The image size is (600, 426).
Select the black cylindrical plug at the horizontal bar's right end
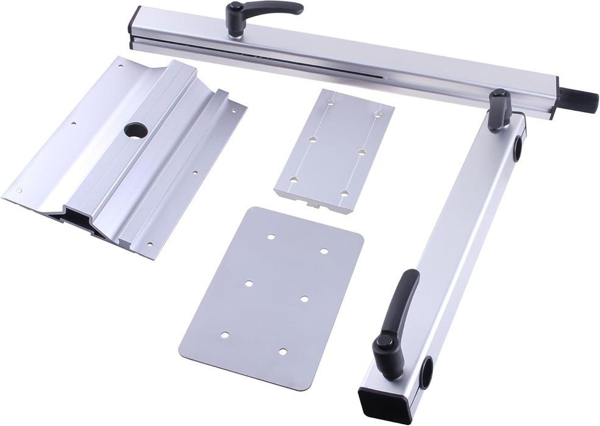click(x=579, y=99)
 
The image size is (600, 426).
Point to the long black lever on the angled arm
click(x=405, y=299)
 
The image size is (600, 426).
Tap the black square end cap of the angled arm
click(x=376, y=403)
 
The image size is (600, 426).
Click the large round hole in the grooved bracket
click(x=135, y=130)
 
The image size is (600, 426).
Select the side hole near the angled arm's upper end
click(x=518, y=146)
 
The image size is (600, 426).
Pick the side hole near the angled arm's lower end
click(x=426, y=372)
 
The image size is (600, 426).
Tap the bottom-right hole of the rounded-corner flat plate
click(x=282, y=351)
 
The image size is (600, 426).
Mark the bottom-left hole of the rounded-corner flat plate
click(x=225, y=335)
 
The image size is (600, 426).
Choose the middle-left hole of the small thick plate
click(x=312, y=139)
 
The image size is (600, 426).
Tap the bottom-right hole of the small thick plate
click(x=344, y=193)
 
